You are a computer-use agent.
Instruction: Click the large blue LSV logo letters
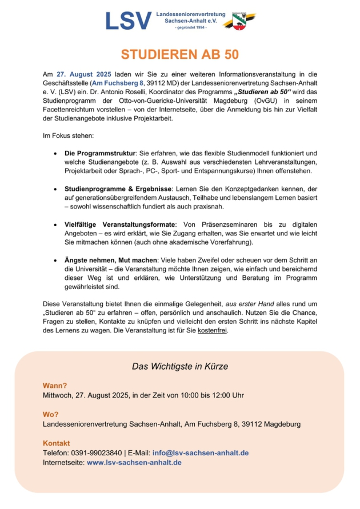[129, 21]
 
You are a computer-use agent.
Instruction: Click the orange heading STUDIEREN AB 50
[179, 55]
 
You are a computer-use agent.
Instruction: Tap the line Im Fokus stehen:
[68, 136]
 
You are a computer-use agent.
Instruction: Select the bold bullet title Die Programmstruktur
[99, 154]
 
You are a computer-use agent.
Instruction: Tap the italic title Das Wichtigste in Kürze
[180, 366]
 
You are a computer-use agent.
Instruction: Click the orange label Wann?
[55, 386]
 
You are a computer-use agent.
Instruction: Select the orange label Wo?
[51, 414]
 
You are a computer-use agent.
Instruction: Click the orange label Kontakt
[56, 443]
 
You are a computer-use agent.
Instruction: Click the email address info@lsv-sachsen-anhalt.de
[200, 453]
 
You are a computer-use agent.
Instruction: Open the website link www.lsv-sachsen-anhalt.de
[134, 462]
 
